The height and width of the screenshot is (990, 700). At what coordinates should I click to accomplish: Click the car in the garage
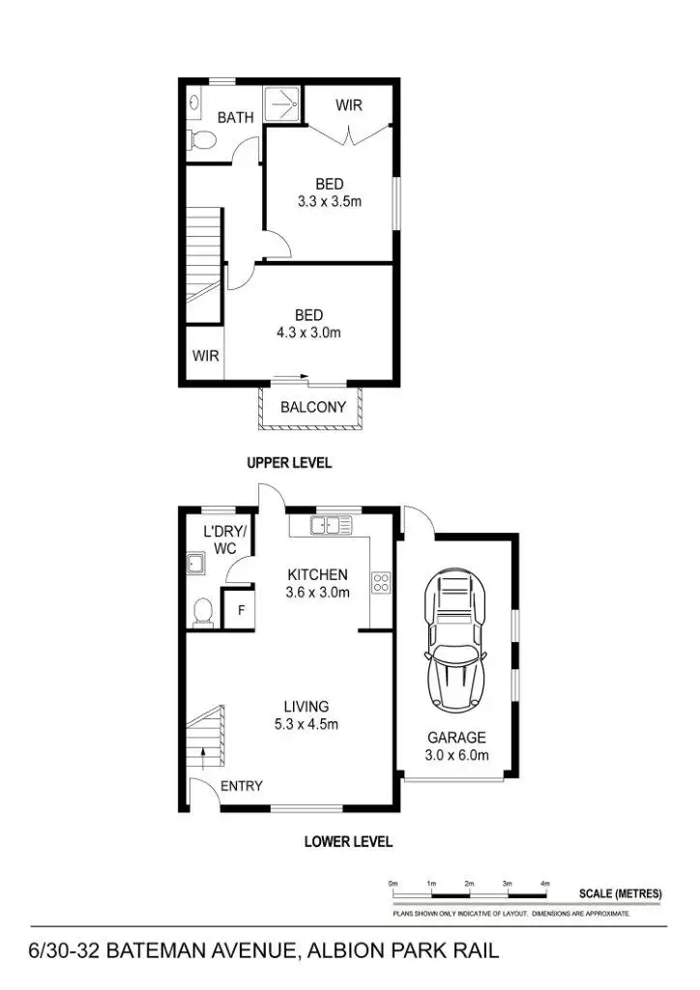[x=456, y=641]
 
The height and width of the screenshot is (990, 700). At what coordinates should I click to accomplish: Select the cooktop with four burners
[x=381, y=583]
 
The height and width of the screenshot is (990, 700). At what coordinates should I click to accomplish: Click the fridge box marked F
[x=238, y=611]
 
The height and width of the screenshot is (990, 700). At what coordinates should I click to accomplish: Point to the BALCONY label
[x=312, y=407]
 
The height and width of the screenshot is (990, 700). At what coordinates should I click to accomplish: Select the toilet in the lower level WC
[x=203, y=612]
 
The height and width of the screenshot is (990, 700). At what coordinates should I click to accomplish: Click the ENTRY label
[x=242, y=786]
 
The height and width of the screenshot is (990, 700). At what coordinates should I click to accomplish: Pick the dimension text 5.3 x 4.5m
[x=306, y=724]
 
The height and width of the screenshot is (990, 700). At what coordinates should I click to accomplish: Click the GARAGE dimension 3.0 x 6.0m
[x=457, y=755]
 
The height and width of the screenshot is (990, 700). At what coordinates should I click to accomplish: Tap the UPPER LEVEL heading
[x=290, y=463]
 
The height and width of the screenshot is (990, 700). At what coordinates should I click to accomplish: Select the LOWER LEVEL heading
[x=348, y=842]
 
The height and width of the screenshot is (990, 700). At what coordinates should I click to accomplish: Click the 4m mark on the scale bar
[x=545, y=884]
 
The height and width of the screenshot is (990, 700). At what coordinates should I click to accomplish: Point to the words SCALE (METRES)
[x=620, y=894]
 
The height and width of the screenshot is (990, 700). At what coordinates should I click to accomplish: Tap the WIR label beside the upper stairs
[x=205, y=356]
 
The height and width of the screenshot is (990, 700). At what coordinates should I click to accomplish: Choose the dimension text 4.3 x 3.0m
[x=308, y=333]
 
